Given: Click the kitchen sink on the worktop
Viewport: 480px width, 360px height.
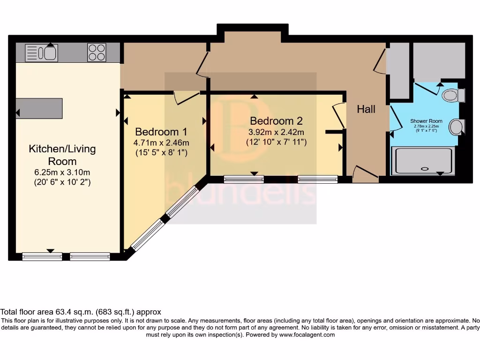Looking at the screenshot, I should coord(41,52).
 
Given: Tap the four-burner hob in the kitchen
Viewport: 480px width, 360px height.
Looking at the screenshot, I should coord(97,52).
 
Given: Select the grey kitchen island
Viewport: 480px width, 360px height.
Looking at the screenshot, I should coord(39,108).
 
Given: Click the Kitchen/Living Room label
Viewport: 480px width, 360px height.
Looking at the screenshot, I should coord(62,155).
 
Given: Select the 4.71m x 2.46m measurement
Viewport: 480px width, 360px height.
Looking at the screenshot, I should coord(161,142).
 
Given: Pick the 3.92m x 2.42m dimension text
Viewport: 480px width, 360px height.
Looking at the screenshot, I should coord(276,132).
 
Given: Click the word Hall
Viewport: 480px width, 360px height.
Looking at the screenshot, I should coord(366,110).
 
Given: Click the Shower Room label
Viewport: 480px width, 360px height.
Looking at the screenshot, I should coord(426,121).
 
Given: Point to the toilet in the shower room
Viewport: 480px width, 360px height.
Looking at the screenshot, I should coord(452,96).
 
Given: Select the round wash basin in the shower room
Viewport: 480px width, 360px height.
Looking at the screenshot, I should coord(456,127).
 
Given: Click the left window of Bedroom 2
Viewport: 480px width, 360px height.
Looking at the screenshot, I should coord(243,179).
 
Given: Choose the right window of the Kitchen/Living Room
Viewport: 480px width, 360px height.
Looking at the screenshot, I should coord(90,256).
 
